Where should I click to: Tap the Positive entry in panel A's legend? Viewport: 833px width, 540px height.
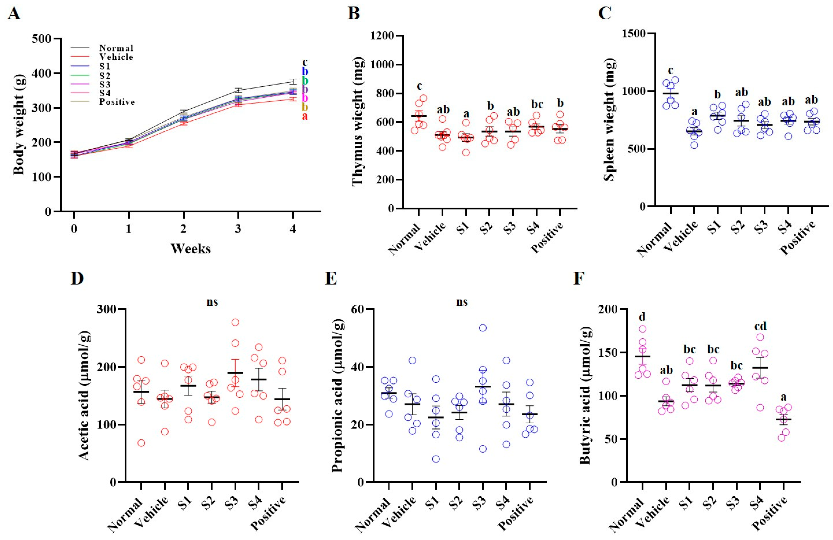[x=117, y=102]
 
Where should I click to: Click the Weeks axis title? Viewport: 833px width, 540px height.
[x=191, y=249]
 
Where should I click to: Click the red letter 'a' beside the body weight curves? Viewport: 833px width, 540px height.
[x=305, y=116]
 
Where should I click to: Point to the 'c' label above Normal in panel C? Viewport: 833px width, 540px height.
[x=670, y=70]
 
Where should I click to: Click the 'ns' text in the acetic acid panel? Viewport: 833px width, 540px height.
[x=212, y=302]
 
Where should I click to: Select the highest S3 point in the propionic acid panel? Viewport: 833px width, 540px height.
[x=483, y=328]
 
